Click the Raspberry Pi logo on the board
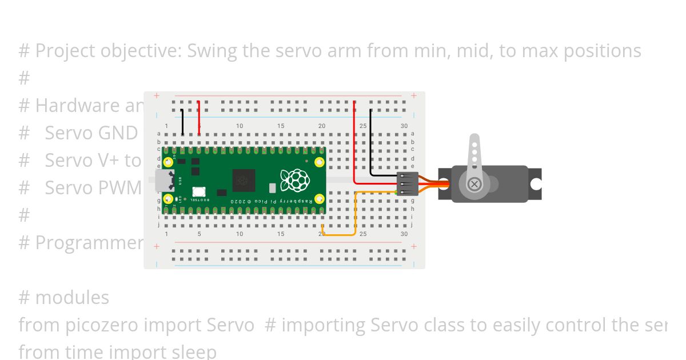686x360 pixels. pos(296,180)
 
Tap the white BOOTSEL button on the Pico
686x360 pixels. pos(199,193)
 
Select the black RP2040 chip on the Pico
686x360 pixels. pos(243,180)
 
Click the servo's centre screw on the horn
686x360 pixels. pos(474,184)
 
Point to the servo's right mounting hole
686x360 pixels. pos(536,184)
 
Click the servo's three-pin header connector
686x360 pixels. pos(407,184)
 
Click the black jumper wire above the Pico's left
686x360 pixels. pos(182,121)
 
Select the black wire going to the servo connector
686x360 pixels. pos(370,143)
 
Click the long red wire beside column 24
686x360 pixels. pos(354,143)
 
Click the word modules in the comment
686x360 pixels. pos(72,298)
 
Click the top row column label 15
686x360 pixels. pos(281,126)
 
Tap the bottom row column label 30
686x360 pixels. pos(404,234)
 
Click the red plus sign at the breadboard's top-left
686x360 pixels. pos(157,96)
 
